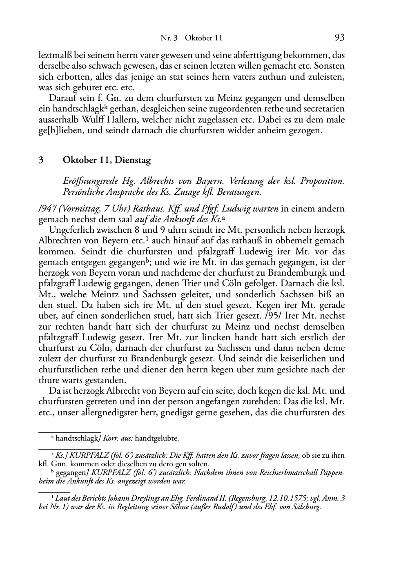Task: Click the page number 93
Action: click(339, 38)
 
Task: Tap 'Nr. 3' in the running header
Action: click(169, 38)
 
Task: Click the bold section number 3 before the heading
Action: click(41, 160)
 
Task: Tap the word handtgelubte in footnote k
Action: click(156, 439)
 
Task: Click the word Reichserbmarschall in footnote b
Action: click(292, 472)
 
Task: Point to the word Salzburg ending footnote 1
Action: click(308, 507)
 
